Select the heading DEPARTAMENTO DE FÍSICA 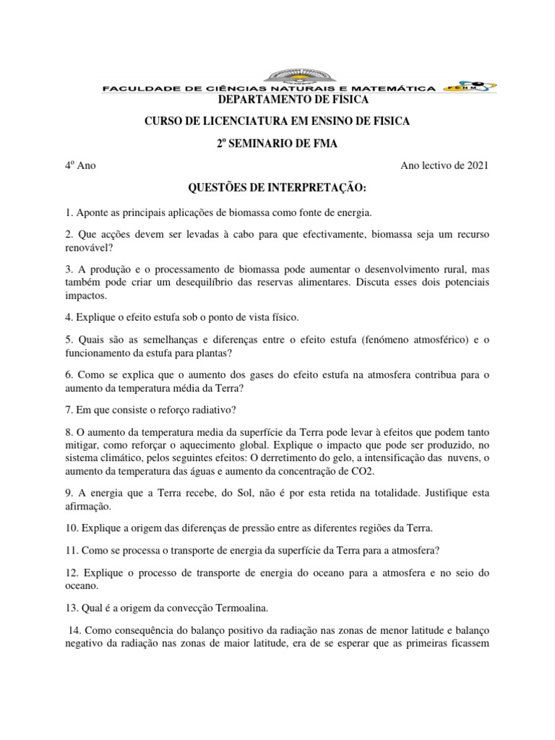(x=278, y=99)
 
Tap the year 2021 (x=475, y=166)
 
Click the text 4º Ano (x=80, y=166)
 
